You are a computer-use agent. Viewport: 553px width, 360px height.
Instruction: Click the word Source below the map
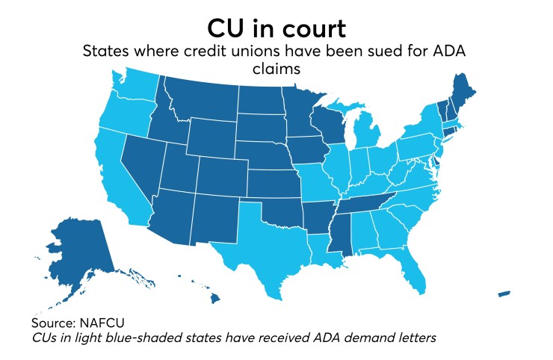pos(54,323)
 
